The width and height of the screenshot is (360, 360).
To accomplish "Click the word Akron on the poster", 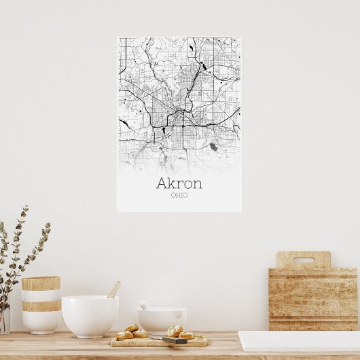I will [x=179, y=183].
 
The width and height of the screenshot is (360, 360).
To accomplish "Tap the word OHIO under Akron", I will [x=179, y=196].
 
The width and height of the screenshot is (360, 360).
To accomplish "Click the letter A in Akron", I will [x=162, y=183].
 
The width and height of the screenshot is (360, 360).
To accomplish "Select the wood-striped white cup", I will [x=41, y=304].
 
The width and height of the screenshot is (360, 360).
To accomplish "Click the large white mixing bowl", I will [x=90, y=316].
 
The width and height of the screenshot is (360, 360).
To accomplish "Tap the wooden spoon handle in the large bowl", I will [x=113, y=289].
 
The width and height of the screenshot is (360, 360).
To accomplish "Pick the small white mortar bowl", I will [x=162, y=321].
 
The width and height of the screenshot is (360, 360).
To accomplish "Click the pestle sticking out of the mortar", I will [x=144, y=305].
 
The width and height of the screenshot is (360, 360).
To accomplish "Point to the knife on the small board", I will [x=175, y=340].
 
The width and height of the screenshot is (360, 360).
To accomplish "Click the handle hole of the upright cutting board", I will [x=303, y=259].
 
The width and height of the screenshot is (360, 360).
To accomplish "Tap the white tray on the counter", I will [x=299, y=340].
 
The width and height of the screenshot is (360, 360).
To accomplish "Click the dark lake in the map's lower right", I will [x=213, y=147].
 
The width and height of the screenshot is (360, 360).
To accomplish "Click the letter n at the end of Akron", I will [x=196, y=184].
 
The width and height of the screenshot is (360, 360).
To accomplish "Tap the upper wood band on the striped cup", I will [x=41, y=283].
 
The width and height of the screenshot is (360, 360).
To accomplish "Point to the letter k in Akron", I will [x=173, y=183].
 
